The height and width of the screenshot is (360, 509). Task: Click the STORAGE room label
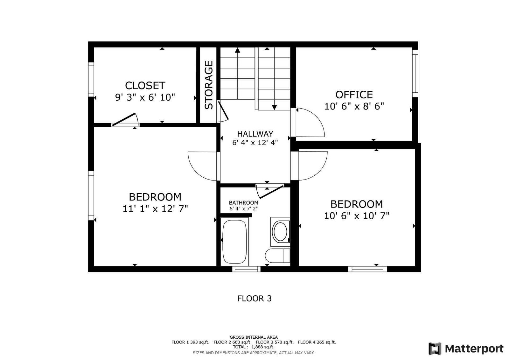pos(209,85)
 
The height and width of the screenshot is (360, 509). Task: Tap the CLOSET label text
pos(145,86)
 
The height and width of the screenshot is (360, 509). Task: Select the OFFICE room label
pos(354,95)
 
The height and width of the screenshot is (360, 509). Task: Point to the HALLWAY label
pos(255,134)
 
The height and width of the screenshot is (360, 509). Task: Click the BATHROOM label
pos(243,203)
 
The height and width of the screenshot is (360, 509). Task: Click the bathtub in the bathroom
pos(234,242)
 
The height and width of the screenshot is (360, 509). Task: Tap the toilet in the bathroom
pos(277,256)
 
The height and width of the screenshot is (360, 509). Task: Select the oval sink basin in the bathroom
pos(280,232)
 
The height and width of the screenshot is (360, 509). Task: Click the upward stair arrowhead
pos(237,50)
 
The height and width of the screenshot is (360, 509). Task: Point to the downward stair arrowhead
pos(274,107)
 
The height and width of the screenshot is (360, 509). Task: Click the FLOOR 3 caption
pos(254,299)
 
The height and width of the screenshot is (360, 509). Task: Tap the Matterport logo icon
pos(435,349)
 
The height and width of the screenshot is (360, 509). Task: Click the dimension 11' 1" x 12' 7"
pos(155,209)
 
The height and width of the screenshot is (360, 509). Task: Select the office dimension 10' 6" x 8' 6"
pos(354,106)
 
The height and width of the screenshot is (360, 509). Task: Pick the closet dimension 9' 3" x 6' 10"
pos(145,98)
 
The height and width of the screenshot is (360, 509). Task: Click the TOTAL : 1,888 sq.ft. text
pos(254,347)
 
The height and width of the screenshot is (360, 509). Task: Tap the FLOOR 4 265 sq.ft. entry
pos(317,342)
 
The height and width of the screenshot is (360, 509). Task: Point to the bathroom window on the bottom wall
pos(246,269)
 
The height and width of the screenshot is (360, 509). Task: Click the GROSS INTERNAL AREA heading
pos(254,337)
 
